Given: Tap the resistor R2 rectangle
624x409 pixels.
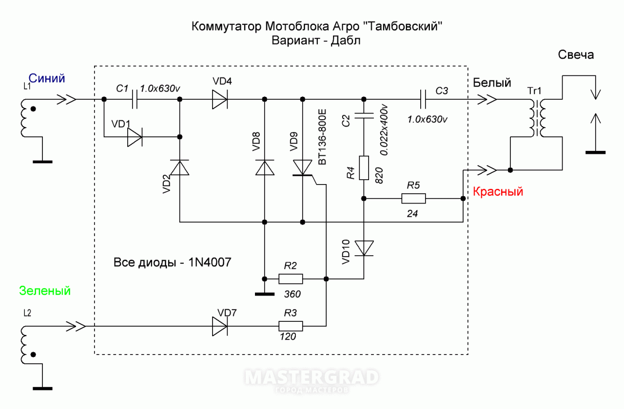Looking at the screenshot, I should (291, 279).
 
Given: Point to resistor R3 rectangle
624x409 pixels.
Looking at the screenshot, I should (291, 326).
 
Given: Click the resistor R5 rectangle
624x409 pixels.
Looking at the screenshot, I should (413, 199).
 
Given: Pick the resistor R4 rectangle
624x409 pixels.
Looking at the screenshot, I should (364, 168).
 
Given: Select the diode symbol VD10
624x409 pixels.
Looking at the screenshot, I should (364, 248).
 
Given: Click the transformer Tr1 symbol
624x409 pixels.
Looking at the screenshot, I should (536, 118).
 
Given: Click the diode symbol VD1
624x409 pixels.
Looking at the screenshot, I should (135, 137).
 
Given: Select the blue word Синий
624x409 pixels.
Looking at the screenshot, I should (47, 78).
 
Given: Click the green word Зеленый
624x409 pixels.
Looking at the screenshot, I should (45, 291).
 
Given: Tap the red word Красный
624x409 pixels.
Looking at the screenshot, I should (498, 191).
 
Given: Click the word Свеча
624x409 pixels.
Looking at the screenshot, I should (576, 55).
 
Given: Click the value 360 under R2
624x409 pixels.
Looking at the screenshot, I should (292, 294).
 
